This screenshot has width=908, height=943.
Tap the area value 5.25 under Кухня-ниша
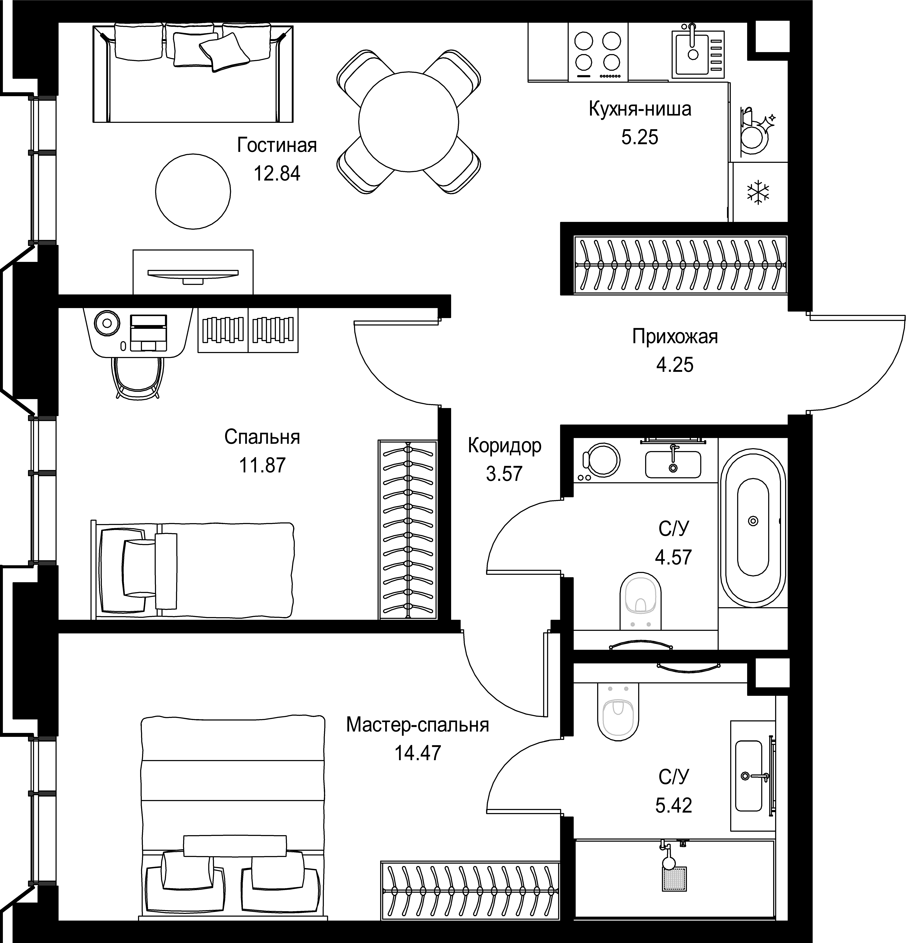639,138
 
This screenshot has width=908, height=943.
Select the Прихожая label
675,337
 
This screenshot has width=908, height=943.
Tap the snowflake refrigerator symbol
758,193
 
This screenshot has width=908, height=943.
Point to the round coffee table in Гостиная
193,191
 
